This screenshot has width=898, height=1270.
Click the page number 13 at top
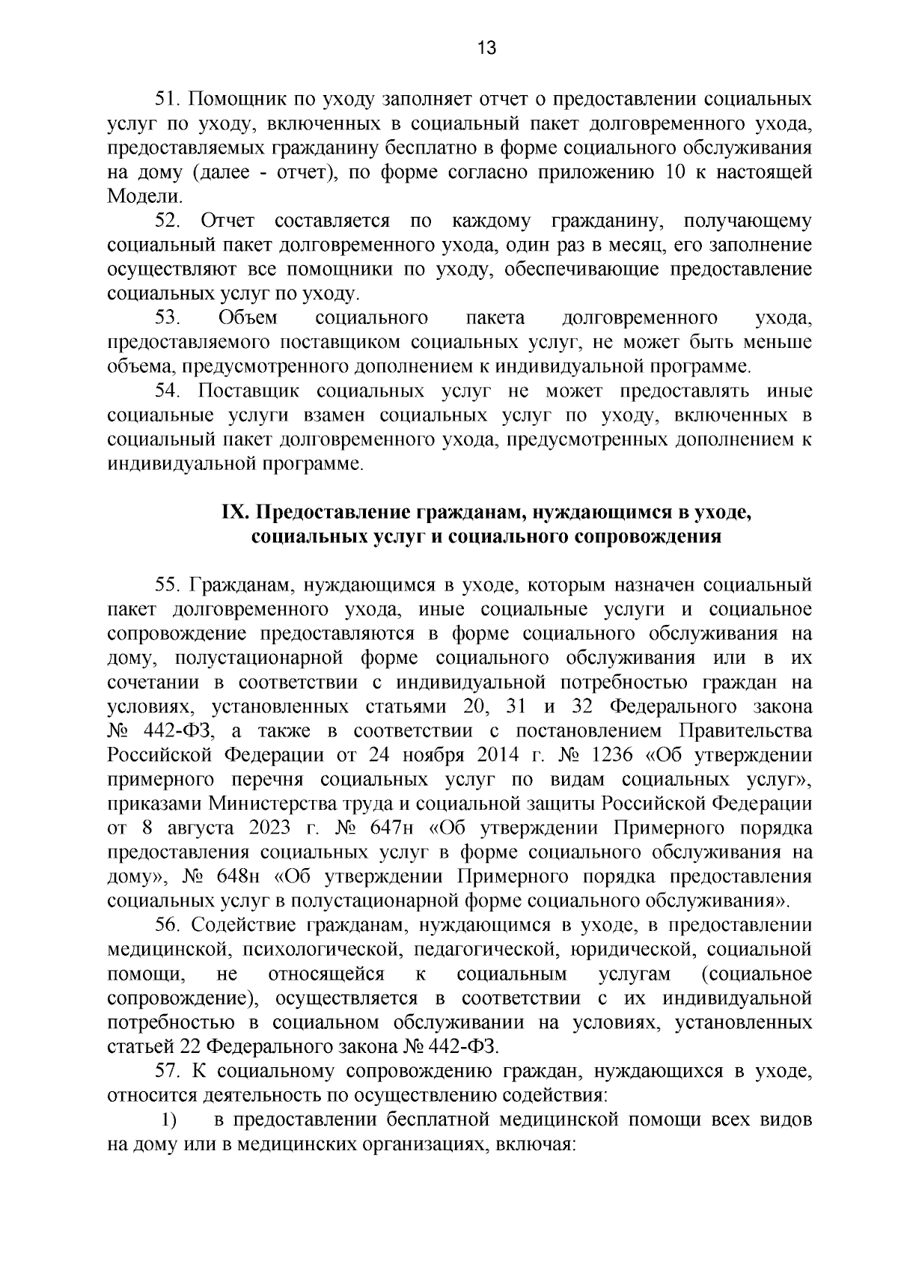[486, 49]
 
